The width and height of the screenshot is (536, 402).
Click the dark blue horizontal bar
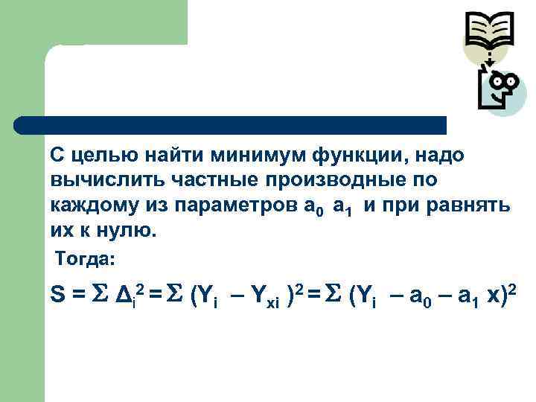coord(231,124)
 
